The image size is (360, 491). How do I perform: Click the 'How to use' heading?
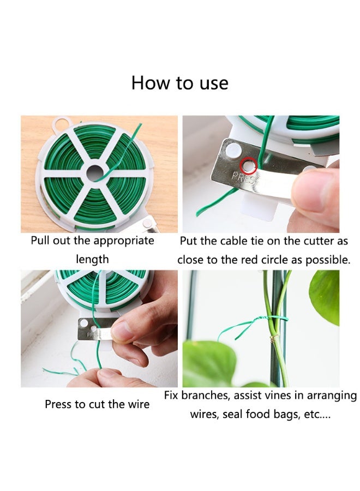coord(179,83)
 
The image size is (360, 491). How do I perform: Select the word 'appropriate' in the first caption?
coord(123,241)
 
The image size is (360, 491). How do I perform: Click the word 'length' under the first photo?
coord(92,259)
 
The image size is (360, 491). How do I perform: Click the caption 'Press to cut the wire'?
coord(97,404)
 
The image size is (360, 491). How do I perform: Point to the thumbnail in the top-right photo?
coord(319,189)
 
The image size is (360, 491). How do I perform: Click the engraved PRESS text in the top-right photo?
coord(242,178)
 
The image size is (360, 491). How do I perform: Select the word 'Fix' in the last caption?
coord(172,395)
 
